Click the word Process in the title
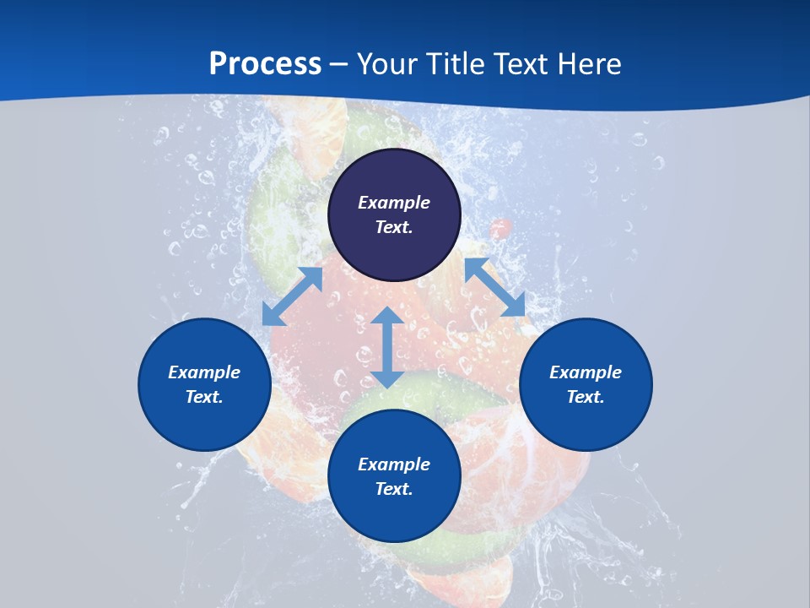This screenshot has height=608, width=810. click(x=265, y=64)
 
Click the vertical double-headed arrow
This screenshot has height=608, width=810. click(x=387, y=347)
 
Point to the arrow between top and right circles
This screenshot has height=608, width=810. click(x=495, y=287)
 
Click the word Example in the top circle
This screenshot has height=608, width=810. click(x=394, y=203)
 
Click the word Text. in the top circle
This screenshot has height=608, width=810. click(x=394, y=227)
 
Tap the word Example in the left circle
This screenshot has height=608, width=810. click(x=204, y=372)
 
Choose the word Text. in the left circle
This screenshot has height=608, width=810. click(x=204, y=397)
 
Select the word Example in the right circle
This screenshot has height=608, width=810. click(x=586, y=372)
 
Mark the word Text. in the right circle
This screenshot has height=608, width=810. click(x=586, y=397)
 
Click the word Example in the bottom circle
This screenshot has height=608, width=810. click(x=394, y=464)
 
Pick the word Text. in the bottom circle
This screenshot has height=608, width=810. click(x=394, y=489)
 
